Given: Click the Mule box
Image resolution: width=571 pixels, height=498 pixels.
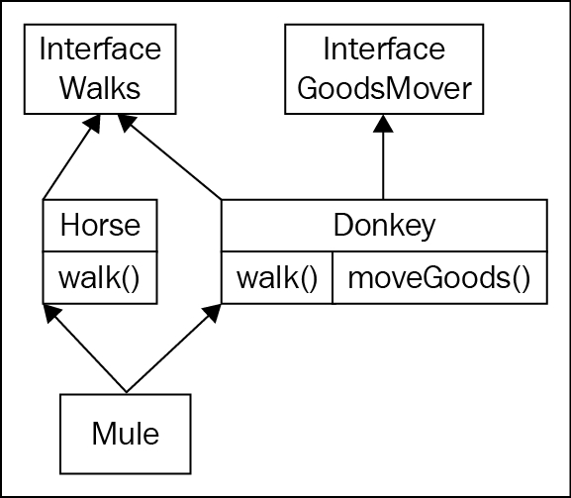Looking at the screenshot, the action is pos(126,434).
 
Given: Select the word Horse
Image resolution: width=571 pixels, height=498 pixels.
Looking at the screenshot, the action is pos(100,225).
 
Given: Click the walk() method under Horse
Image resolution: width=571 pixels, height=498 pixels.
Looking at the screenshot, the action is pos(99,278).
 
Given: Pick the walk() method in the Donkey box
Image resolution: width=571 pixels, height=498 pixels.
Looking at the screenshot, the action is pos(277,278).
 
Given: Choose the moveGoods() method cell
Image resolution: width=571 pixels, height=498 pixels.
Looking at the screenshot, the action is pos(439,278).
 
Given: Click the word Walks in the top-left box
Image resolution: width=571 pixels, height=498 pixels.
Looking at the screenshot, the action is pos(100,88).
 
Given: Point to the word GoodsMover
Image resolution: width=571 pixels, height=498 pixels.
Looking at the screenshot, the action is pos(384,88).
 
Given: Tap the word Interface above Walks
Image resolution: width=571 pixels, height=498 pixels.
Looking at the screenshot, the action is pos(100,49).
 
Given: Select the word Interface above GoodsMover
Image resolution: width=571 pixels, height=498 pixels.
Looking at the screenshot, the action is pos(384,49).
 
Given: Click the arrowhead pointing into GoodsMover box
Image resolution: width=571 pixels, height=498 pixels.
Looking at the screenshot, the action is pos(383,124).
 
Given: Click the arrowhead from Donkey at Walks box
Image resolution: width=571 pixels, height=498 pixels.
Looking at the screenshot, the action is pos(127,123).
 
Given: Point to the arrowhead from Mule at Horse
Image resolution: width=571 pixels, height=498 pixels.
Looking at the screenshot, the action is pos(51,313).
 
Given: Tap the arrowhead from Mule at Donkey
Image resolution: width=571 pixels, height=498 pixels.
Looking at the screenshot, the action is pos(213,313).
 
